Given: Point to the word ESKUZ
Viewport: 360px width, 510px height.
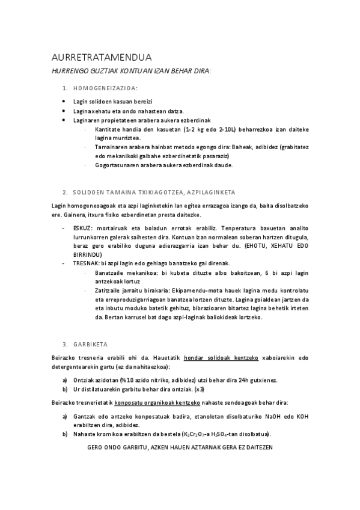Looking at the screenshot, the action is click(x=82, y=229).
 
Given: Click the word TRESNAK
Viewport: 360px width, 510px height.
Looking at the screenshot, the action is click(x=85, y=263).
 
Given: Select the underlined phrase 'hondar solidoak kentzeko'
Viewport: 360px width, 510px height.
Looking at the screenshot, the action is click(x=221, y=357).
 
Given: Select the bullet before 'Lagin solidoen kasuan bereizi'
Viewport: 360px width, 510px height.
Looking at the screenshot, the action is click(x=64, y=102).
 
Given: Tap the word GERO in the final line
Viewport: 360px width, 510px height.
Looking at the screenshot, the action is click(x=96, y=448).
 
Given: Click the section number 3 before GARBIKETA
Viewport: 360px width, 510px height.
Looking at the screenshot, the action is click(x=64, y=345).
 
